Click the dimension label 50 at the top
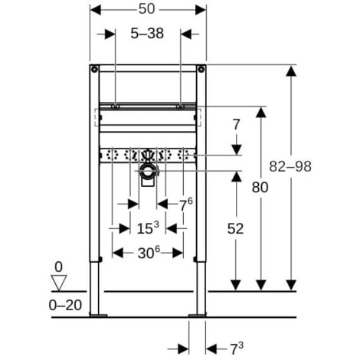point(148,10)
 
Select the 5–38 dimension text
point(148,34)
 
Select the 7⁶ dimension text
point(185,203)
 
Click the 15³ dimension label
point(148,227)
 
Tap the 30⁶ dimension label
point(148,251)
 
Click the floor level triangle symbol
point(57,283)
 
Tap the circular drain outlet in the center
point(147,171)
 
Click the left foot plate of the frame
point(97,314)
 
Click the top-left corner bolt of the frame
point(95,70)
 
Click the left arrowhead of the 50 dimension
point(95,10)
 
